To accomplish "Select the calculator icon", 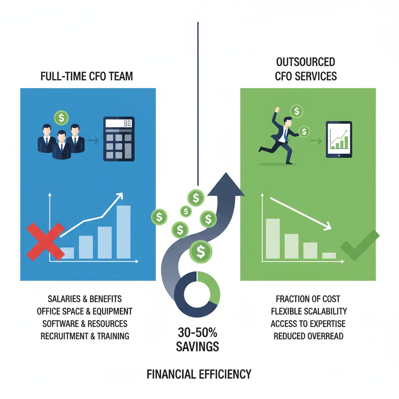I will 118,139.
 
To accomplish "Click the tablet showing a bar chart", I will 339,139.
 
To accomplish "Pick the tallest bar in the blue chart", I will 124,232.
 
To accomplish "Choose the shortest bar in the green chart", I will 329,256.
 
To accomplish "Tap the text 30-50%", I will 197,333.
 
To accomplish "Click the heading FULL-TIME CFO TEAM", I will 87,76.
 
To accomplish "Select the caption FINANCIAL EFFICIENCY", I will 199,374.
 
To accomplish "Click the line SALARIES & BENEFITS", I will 85,299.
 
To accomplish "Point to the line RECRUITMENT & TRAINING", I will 85,336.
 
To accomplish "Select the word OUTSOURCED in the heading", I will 305,62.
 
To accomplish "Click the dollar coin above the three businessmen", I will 62,117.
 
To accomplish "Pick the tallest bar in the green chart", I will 273,239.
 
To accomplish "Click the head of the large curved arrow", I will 226,185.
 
